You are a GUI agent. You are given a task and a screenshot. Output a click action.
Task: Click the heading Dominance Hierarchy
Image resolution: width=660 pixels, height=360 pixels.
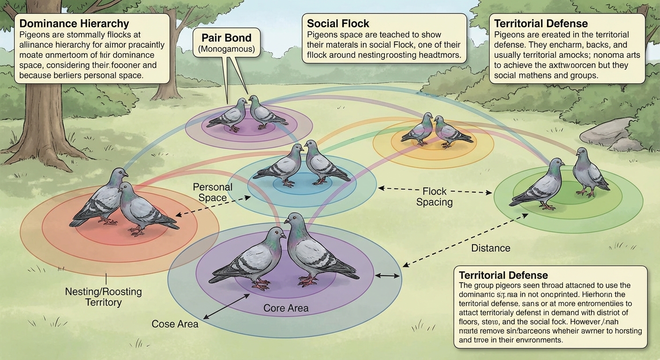pyautogui.click(x=75, y=23)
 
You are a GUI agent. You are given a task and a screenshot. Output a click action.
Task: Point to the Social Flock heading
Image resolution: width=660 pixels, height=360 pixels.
pyautogui.click(x=337, y=23)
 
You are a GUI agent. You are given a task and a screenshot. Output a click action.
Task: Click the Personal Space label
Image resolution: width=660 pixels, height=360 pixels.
pyautogui.click(x=212, y=192)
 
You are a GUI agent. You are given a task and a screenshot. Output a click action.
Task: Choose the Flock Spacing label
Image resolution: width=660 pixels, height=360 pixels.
pyautogui.click(x=435, y=197)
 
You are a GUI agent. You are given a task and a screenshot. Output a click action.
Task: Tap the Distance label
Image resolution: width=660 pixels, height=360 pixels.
pyautogui.click(x=491, y=248)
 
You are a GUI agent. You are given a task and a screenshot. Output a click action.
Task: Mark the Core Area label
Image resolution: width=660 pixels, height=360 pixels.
pyautogui.click(x=286, y=308)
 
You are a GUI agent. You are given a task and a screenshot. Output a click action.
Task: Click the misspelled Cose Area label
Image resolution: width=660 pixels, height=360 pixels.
pyautogui.click(x=175, y=324)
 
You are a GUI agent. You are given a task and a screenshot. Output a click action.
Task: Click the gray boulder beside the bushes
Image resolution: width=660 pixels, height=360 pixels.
pyautogui.click(x=605, y=132)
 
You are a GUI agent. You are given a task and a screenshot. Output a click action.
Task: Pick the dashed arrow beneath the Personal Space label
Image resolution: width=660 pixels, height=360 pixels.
pyautogui.click(x=213, y=207)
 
